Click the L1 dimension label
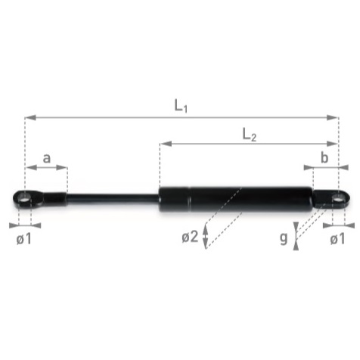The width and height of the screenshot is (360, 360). (x=181, y=106)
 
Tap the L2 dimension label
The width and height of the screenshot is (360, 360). (x=250, y=135)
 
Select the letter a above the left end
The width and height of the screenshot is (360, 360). (x=47, y=159)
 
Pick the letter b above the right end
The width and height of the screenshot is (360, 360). (x=324, y=158)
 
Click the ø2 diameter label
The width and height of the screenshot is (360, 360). (x=190, y=237)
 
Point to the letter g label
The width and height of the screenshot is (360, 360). (x=284, y=238)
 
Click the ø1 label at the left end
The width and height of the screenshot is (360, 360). (x=24, y=238)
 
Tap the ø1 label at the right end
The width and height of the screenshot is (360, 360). (x=337, y=238)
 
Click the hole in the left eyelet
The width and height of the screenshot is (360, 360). (x=25, y=199)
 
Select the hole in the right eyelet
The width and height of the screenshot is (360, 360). (x=338, y=199)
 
